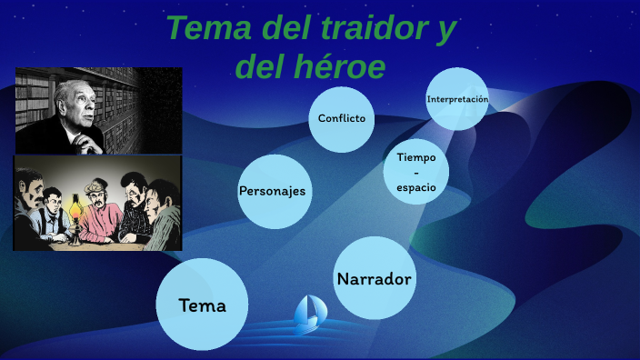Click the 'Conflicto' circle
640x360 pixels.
coord(342,118)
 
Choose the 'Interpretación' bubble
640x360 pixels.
coord(457,99)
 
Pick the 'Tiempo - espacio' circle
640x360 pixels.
coord(416,172)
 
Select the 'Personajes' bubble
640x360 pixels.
coord(272,191)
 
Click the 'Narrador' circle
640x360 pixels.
coord(375,278)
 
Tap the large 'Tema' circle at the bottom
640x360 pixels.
coord(202,305)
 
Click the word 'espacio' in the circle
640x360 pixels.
coord(416,187)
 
